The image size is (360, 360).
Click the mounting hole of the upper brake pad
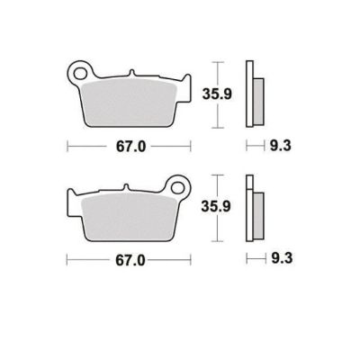79,74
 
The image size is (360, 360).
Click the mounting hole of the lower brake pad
177,188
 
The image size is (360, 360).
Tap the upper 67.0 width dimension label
131,147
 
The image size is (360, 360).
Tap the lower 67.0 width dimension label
130,260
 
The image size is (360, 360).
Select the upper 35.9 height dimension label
217,94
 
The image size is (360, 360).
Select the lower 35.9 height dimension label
216,206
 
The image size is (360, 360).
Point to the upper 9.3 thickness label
281,146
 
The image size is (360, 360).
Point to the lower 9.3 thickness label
282,258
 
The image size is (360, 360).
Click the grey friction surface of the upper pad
129,103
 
